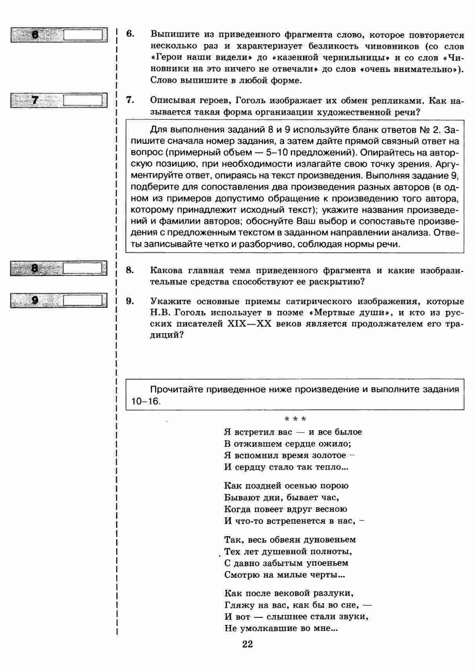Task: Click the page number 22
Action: coord(247,644)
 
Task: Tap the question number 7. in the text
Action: coord(130,100)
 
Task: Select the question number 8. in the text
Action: coord(130,270)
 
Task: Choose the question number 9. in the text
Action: coord(130,301)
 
